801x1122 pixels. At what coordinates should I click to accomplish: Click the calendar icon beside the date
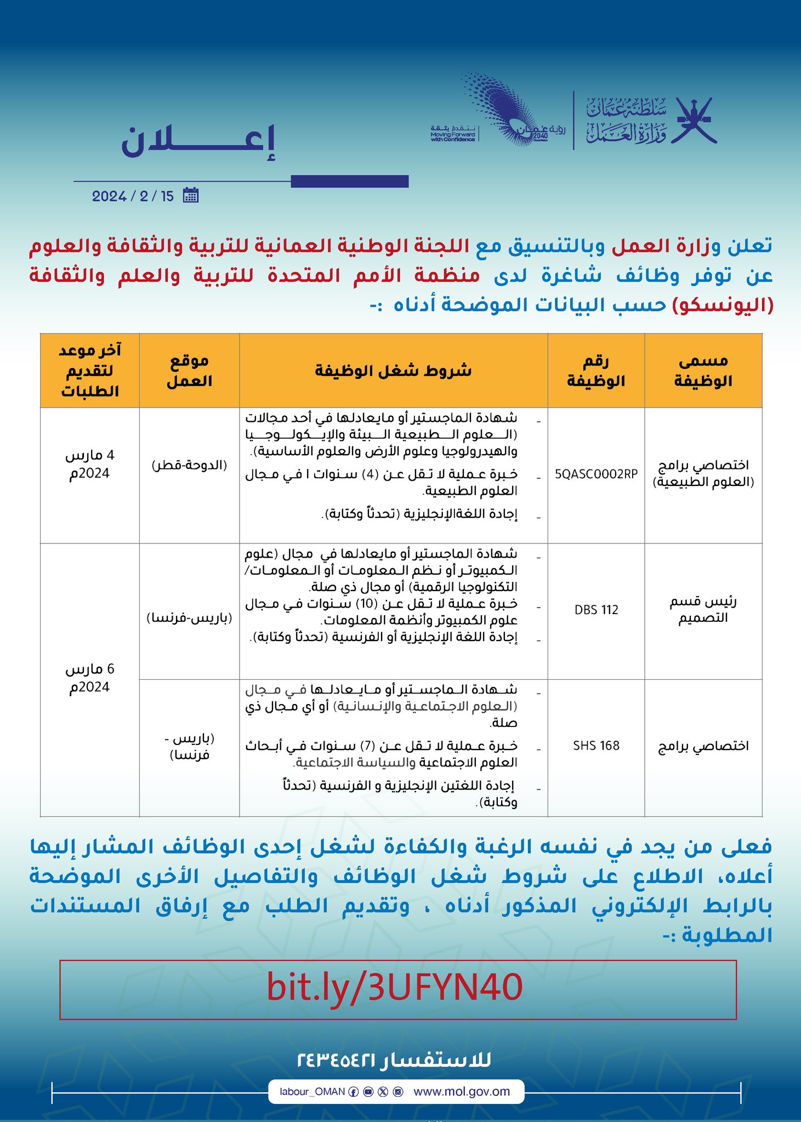pyautogui.click(x=190, y=196)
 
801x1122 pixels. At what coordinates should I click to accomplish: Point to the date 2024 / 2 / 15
pyautogui.click(x=133, y=196)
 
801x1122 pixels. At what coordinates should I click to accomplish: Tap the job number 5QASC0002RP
pyautogui.click(x=596, y=474)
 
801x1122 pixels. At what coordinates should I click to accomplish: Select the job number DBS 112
pyautogui.click(x=596, y=610)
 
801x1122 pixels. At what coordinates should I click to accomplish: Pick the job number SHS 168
pyautogui.click(x=596, y=746)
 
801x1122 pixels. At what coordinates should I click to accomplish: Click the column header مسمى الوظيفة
pyautogui.click(x=703, y=371)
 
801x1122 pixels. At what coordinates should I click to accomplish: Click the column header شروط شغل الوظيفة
pyautogui.click(x=393, y=371)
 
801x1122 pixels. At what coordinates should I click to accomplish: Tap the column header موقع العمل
pyautogui.click(x=189, y=371)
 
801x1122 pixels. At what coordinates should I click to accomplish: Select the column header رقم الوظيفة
pyautogui.click(x=596, y=371)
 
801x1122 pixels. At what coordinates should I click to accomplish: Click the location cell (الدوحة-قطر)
pyautogui.click(x=189, y=465)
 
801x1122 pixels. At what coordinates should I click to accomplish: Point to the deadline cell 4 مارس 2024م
pyautogui.click(x=89, y=465)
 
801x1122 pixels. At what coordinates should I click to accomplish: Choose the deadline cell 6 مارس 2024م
pyautogui.click(x=89, y=678)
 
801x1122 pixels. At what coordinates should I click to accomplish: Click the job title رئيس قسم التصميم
pyautogui.click(x=703, y=610)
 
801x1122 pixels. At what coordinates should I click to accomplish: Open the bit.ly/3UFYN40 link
pyautogui.click(x=395, y=988)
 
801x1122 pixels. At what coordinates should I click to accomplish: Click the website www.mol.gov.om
pyautogui.click(x=462, y=1091)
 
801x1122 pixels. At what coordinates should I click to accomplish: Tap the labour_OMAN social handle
pyautogui.click(x=312, y=1091)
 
